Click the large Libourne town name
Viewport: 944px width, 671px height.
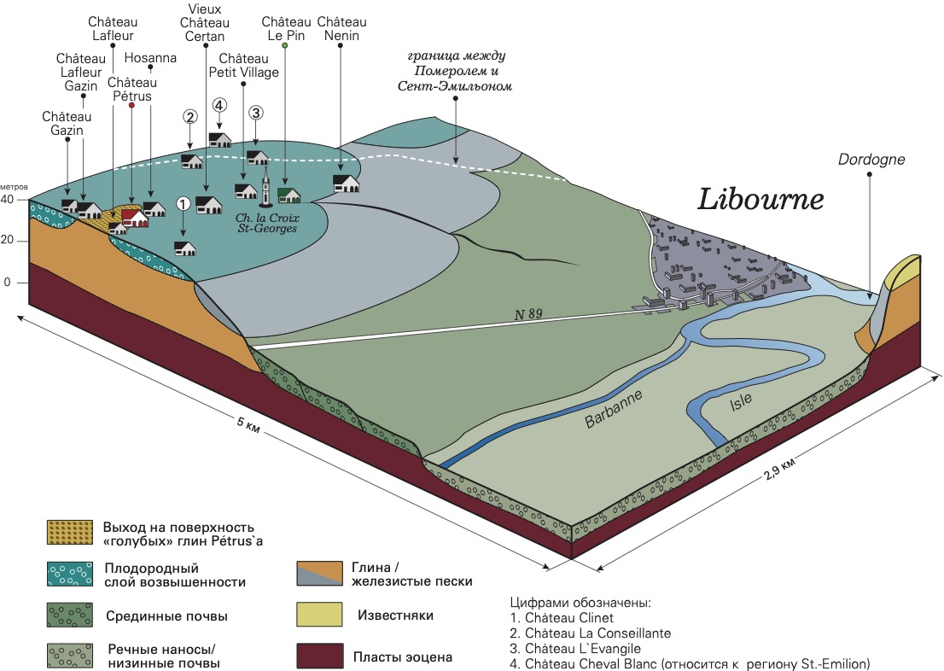tap(760, 200)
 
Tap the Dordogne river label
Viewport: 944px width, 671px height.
tap(871, 160)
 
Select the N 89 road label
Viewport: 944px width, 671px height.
tap(528, 314)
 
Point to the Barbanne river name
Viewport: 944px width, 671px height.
tap(614, 409)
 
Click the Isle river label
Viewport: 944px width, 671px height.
tap(741, 401)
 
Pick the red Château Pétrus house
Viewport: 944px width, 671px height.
tap(135, 218)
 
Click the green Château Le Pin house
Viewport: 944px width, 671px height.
tap(289, 195)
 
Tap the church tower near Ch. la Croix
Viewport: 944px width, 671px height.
tap(265, 186)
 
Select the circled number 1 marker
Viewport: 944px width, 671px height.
tap(183, 204)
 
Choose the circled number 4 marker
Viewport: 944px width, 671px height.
tap(219, 105)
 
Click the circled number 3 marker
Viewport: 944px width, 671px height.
tap(256, 113)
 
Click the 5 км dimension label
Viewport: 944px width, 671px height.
tap(248, 424)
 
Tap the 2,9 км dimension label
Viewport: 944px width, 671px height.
tap(779, 468)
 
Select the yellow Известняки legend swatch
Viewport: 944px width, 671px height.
tap(319, 615)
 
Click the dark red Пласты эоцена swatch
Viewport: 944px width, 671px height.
tap(319, 656)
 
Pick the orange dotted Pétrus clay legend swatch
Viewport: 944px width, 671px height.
tap(70, 533)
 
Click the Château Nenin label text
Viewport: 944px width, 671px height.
tap(342, 29)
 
